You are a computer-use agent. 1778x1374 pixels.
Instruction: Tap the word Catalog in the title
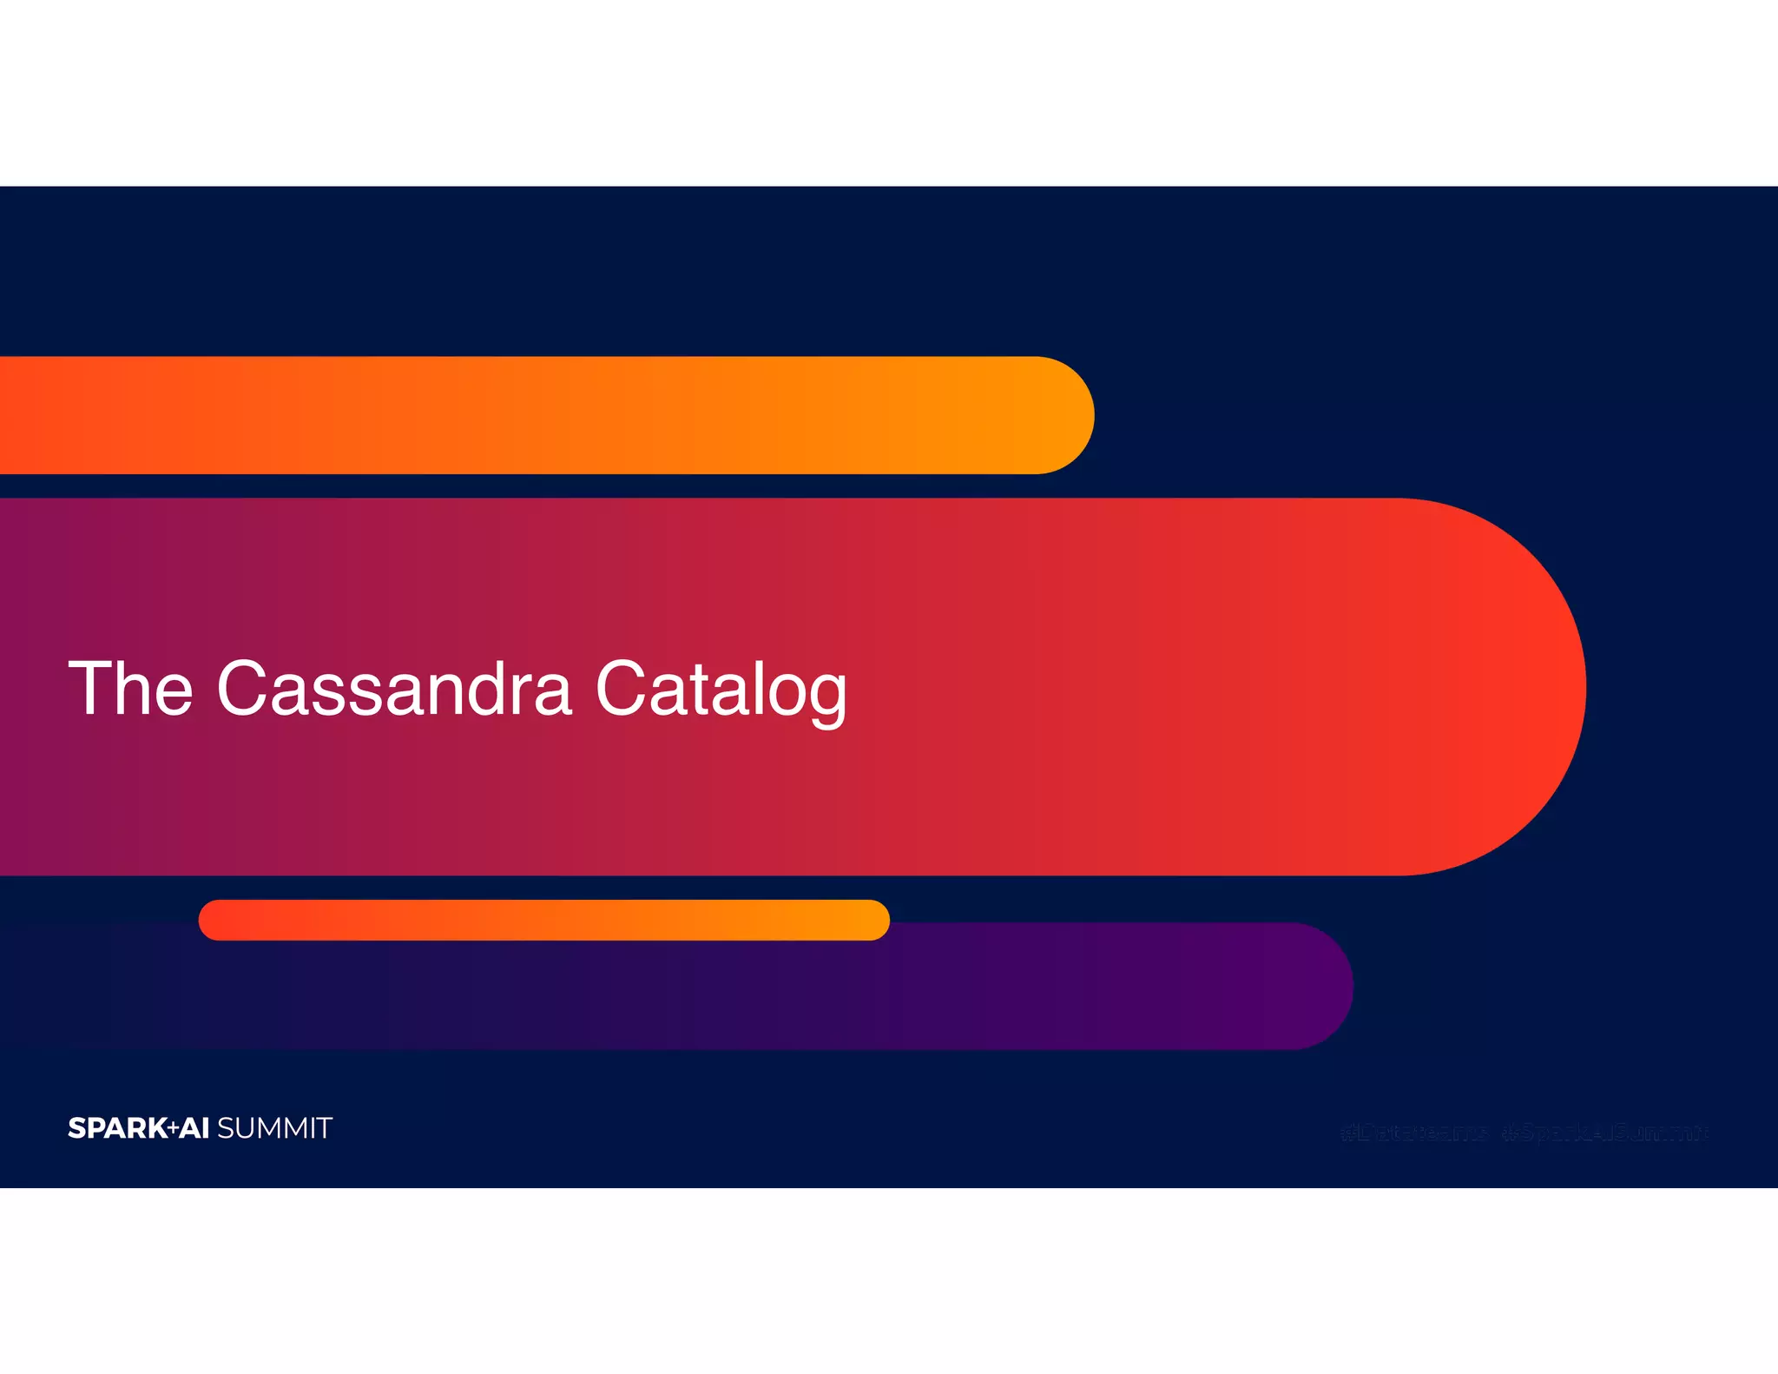click(x=721, y=690)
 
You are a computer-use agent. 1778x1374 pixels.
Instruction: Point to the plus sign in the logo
click(x=173, y=1128)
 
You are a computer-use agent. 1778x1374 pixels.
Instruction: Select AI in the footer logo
click(x=194, y=1128)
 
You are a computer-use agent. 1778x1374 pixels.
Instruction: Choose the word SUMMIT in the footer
click(x=274, y=1128)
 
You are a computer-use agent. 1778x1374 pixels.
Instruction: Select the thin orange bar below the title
click(x=543, y=920)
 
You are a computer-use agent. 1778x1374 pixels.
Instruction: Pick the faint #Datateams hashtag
click(x=1413, y=1133)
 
